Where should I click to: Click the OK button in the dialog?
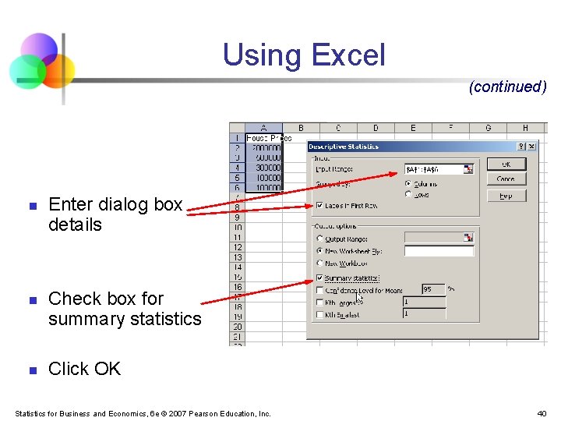(x=506, y=164)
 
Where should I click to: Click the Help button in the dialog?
(x=506, y=196)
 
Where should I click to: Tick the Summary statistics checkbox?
(x=319, y=278)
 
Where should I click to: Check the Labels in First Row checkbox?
(x=319, y=205)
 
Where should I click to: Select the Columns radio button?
(x=409, y=184)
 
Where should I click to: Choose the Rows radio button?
(x=409, y=194)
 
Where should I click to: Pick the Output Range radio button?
(x=319, y=239)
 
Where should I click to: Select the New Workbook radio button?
(x=319, y=264)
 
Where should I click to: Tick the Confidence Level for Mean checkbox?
(x=319, y=290)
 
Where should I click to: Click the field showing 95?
(x=432, y=289)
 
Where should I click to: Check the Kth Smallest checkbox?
(x=319, y=315)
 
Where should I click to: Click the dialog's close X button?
(x=532, y=146)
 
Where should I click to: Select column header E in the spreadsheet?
(x=413, y=128)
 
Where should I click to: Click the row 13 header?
(x=238, y=257)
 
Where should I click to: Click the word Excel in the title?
(x=348, y=55)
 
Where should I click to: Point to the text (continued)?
(x=507, y=87)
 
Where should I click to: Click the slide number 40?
(x=542, y=413)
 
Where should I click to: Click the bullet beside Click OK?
(x=32, y=370)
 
